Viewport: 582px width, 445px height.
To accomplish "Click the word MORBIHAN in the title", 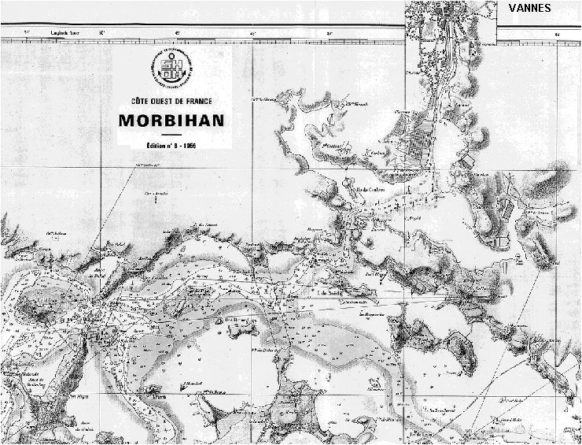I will click(171, 121).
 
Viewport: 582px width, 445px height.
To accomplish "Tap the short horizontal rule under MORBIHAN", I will click(171, 135).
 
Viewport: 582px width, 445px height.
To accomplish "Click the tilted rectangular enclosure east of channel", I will click(466, 161).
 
